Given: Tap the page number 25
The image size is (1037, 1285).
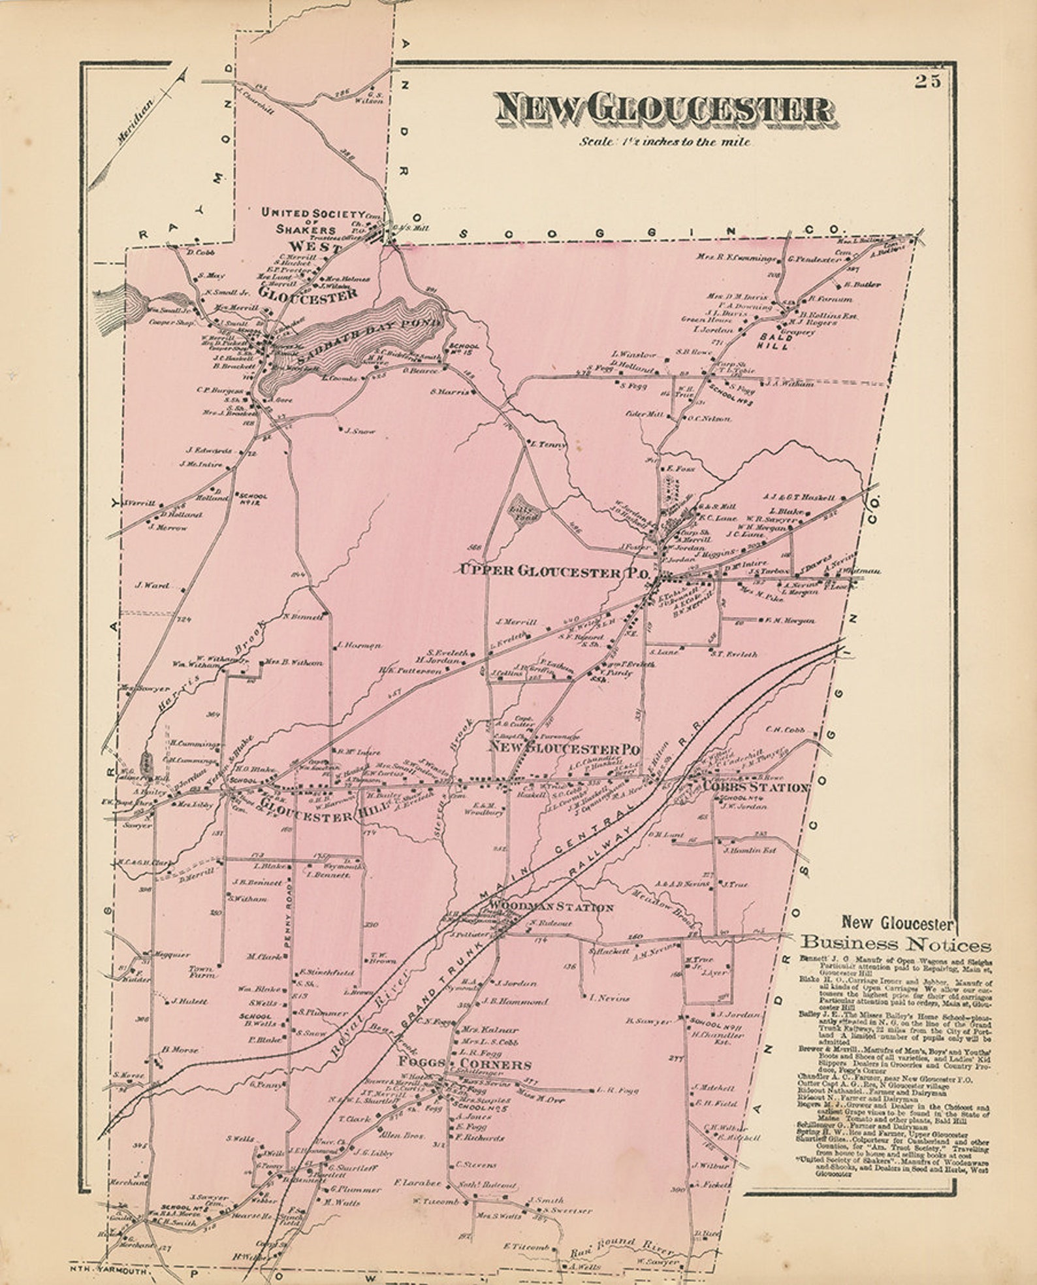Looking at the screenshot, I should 927,82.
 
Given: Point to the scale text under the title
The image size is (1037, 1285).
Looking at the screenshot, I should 664,142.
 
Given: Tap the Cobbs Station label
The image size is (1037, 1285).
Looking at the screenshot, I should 756,788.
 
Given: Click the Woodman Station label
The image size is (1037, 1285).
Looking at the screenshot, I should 552,907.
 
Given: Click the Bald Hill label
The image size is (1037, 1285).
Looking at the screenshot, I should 775,342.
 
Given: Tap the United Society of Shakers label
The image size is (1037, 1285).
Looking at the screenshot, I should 311,221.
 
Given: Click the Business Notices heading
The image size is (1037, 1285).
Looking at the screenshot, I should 895,944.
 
